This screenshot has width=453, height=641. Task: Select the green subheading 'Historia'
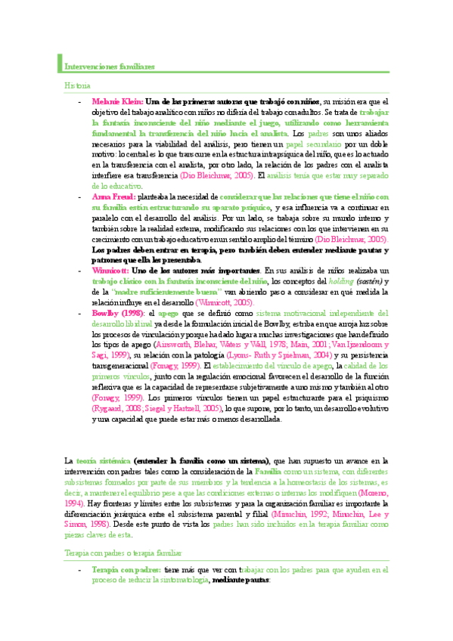(76, 85)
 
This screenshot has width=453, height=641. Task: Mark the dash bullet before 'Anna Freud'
(79, 196)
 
